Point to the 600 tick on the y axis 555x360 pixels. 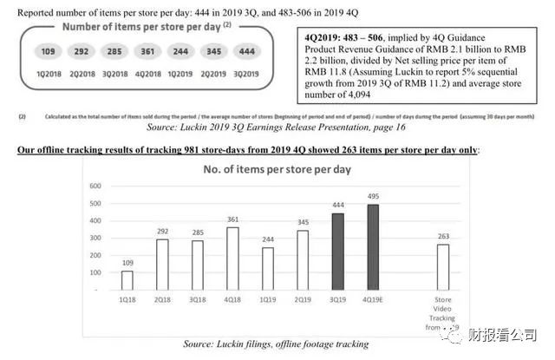(95, 187)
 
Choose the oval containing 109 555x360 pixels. (49, 52)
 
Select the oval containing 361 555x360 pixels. (147, 52)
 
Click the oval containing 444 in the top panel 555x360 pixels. (246, 52)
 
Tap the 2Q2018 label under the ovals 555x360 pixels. (82, 75)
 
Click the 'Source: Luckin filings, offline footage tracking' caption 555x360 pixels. (275, 344)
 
